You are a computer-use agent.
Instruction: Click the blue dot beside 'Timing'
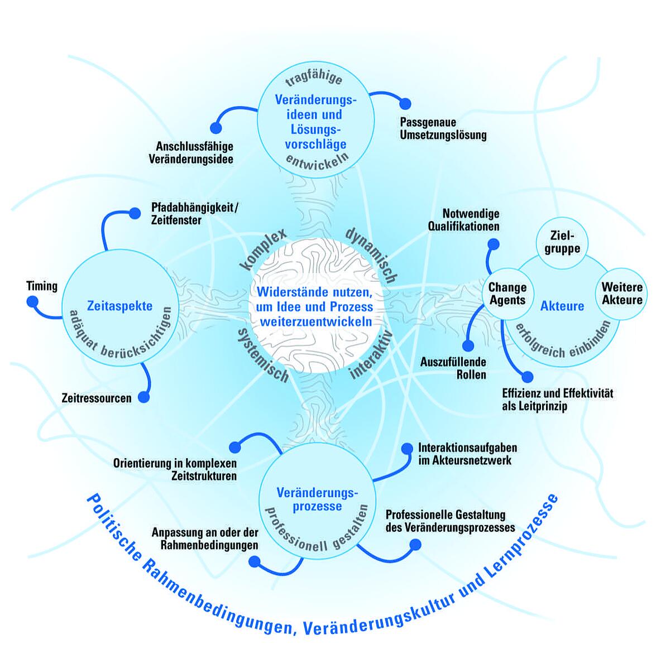pos(32,302)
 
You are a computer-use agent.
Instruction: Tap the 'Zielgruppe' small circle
pos(562,241)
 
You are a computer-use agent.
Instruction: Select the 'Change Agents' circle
pos(507,294)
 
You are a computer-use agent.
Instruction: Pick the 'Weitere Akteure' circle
pos(621,294)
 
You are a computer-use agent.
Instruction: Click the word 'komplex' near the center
pos(263,249)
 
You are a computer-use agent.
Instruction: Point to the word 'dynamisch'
pos(371,254)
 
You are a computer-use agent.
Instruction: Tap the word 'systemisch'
pos(263,355)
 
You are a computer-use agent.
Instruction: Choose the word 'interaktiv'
pos(371,354)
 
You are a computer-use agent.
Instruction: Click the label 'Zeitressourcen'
pos(97,398)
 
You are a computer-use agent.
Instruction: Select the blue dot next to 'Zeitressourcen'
pos(143,397)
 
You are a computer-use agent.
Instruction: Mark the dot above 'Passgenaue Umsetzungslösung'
pos(405,103)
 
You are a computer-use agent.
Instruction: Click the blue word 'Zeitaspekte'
pos(120,305)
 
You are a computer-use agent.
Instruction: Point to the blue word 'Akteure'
pos(562,306)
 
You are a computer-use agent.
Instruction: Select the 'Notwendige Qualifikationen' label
pos(464,220)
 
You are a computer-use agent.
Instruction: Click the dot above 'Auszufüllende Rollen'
pos(468,347)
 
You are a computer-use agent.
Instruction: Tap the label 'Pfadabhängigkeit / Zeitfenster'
pos(194,214)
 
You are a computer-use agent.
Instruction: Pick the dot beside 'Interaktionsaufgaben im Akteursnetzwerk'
pos(407,448)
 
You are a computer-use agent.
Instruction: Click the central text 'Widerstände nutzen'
pos(314,292)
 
